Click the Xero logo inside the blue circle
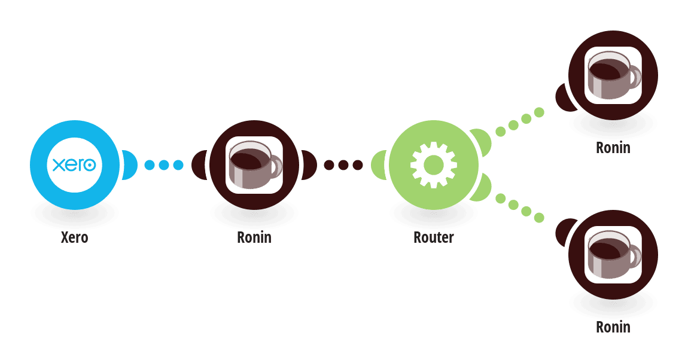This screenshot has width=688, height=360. [x=74, y=165]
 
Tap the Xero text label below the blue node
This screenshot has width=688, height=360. [x=75, y=237]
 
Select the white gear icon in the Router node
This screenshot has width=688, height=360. [x=434, y=165]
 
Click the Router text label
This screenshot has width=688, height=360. [x=434, y=237]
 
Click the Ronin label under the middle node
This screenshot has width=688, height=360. [x=254, y=237]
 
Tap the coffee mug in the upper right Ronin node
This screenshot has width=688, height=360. [x=614, y=75]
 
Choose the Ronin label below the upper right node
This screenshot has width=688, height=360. [x=613, y=147]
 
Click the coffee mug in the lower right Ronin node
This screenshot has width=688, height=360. [x=614, y=254]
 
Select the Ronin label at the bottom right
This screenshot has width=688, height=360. [x=613, y=327]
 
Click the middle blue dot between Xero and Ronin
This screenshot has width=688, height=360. [x=164, y=165]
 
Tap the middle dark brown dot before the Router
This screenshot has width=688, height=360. [x=343, y=165]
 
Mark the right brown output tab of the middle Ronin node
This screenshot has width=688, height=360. [x=309, y=165]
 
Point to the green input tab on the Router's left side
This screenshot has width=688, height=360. [x=378, y=165]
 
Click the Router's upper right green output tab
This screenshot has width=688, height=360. [x=481, y=142]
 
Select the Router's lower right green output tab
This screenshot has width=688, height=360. [x=481, y=188]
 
